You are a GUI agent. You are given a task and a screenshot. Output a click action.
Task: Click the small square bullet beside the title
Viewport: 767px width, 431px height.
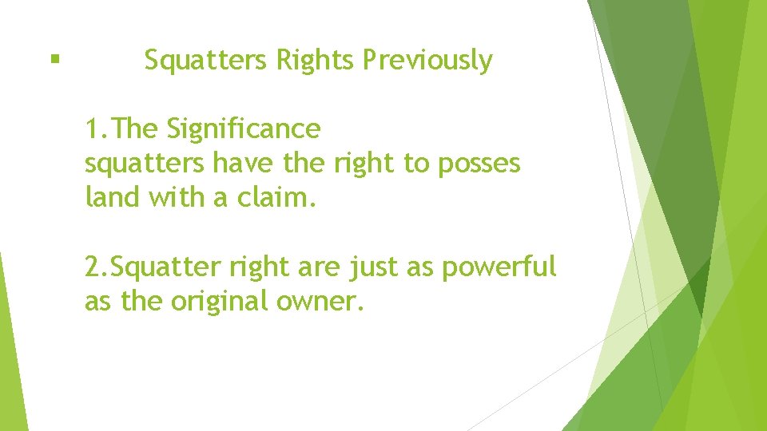pyautogui.click(x=54, y=58)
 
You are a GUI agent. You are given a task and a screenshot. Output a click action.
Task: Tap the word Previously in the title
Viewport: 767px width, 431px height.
pyautogui.click(x=427, y=60)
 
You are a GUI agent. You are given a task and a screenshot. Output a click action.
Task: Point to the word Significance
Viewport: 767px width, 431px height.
pyautogui.click(x=244, y=128)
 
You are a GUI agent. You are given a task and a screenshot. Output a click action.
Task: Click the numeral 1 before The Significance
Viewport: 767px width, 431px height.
pyautogui.click(x=93, y=128)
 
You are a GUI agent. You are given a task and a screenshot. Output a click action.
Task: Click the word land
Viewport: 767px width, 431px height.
pyautogui.click(x=113, y=197)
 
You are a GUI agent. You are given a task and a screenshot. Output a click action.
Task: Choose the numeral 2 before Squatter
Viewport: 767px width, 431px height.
pyautogui.click(x=93, y=267)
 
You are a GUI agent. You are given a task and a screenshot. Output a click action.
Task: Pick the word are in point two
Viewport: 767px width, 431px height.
pyautogui.click(x=318, y=267)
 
